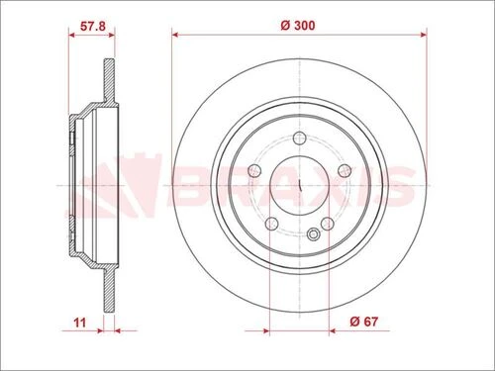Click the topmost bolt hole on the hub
(299, 139)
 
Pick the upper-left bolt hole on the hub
(253, 172)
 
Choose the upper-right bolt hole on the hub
(345, 172)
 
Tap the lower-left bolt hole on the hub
(270, 225)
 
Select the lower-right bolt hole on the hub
(328, 225)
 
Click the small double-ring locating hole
(314, 234)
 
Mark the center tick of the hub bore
(299, 185)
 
